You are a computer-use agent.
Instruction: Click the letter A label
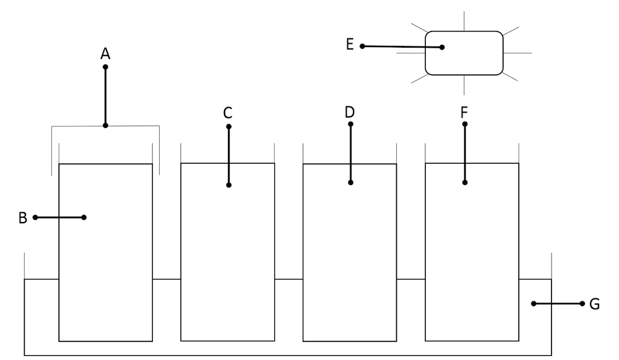(105, 54)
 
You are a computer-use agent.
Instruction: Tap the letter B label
(23, 218)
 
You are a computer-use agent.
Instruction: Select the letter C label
(228, 113)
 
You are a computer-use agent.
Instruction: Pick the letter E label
(350, 45)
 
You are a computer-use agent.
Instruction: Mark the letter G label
(594, 304)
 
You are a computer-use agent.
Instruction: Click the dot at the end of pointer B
(84, 217)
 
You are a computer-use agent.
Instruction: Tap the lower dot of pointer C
(228, 185)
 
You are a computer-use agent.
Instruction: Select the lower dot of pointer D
(350, 182)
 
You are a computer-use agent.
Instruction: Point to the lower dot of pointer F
(464, 182)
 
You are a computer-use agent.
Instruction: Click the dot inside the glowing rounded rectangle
(443, 47)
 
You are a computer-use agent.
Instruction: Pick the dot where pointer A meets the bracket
(105, 126)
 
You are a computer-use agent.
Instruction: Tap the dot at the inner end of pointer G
(533, 304)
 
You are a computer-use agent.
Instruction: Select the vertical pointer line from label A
(105, 96)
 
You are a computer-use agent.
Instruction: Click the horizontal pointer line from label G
(557, 304)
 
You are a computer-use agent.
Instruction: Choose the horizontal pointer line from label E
(402, 46)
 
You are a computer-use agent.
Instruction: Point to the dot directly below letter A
(105, 67)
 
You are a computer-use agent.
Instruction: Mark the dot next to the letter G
(582, 304)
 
